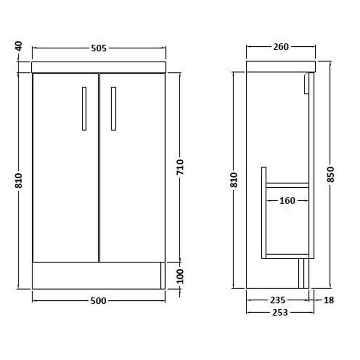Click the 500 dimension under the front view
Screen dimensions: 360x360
tap(98, 301)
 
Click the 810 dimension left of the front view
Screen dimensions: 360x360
tap(19, 180)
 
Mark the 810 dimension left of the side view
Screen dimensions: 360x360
tap(235, 179)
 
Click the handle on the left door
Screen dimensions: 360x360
tap(84, 107)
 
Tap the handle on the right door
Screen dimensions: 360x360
tap(114, 107)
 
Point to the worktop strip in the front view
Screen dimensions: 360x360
tap(99, 67)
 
